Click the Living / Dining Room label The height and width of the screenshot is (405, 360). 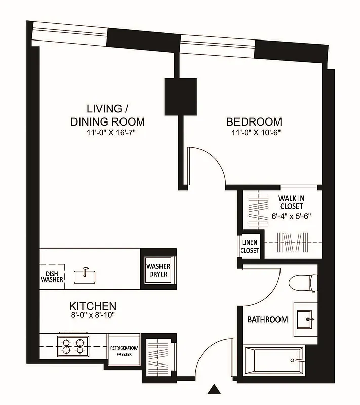pos(107,115)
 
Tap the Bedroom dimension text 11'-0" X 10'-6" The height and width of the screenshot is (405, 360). pos(254,133)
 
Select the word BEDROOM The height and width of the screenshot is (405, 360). pos(254,121)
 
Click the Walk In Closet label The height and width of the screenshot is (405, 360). pos(291,202)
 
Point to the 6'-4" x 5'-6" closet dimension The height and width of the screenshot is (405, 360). pos(291,215)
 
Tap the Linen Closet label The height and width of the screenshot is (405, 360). pos(250,247)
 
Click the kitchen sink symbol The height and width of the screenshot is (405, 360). pos(85,276)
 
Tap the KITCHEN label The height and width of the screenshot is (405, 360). pos(93,306)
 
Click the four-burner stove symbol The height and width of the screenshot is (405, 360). pos(72,347)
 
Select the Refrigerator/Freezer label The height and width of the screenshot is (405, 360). pos(124,351)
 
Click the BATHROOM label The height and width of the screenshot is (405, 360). pos(267,320)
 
